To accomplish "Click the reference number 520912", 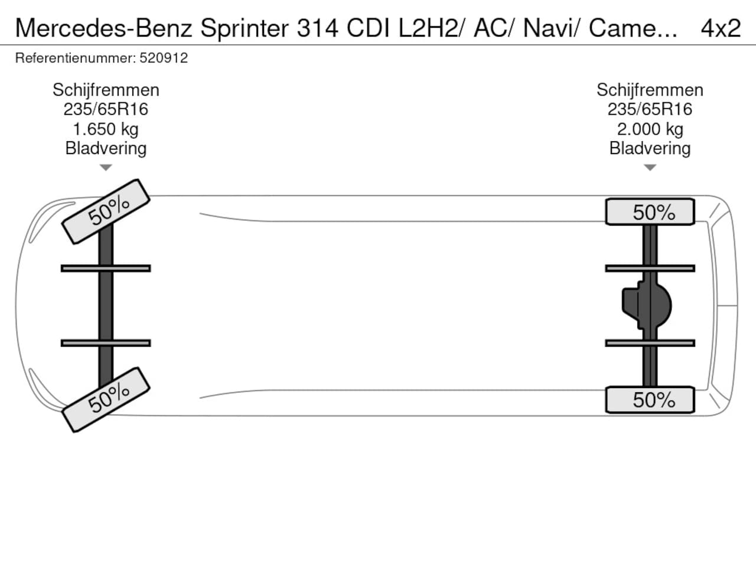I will point(164,58).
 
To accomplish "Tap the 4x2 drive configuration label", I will point(721,28).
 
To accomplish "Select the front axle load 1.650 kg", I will point(106,129).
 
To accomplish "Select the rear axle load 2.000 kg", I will point(650,129).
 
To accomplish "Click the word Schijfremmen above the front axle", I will point(106,90).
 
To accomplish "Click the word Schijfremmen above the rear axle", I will point(650,90).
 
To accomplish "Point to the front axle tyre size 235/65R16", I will point(106,109).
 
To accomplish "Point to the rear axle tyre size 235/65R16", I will point(650,109).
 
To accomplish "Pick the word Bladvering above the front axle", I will point(106,148).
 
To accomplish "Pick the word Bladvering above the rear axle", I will point(650,148).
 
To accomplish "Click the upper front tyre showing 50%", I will point(106,211).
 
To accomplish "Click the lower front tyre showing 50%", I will point(106,399).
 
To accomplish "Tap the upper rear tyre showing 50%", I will point(650,212).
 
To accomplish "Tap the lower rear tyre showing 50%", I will point(650,400).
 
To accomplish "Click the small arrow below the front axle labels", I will point(106,168).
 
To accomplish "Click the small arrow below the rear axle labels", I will point(650,168).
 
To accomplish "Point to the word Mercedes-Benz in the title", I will point(105,28).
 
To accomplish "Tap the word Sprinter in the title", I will point(245,28).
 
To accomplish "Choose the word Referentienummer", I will point(75,58).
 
